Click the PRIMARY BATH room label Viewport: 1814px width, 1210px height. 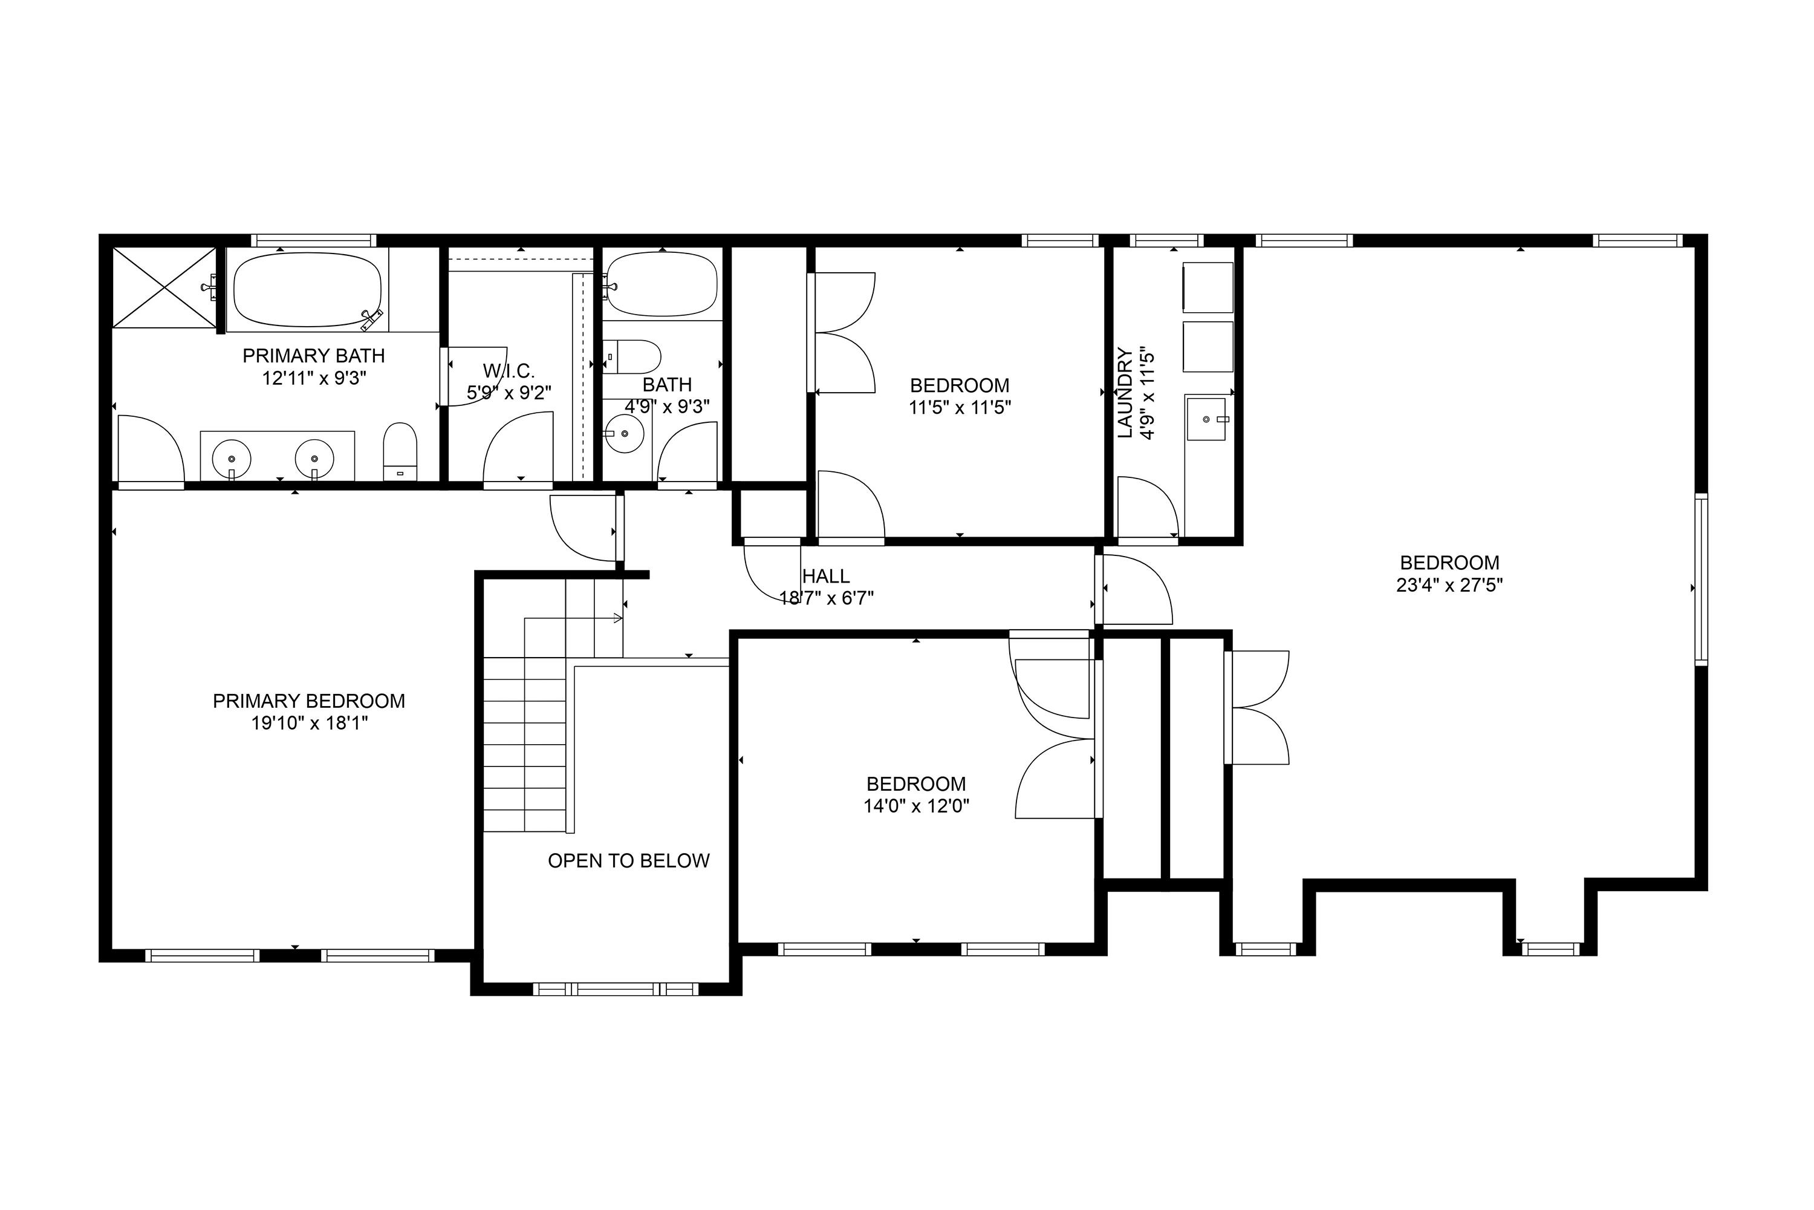(313, 356)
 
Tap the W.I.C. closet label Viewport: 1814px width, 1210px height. (509, 371)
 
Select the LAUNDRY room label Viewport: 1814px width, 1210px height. (1125, 393)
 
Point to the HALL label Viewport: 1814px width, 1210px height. (826, 576)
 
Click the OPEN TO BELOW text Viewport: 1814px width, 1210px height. (629, 860)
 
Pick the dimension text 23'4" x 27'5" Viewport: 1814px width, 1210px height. (1449, 585)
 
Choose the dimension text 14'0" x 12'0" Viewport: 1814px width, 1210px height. (916, 806)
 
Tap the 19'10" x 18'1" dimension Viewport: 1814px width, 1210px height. (309, 723)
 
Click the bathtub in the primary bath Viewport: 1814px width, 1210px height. (308, 289)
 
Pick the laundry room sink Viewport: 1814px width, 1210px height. (1206, 419)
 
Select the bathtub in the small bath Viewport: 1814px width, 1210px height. (663, 285)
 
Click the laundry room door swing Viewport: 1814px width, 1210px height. (1148, 506)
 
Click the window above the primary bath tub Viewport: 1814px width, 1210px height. (313, 240)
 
